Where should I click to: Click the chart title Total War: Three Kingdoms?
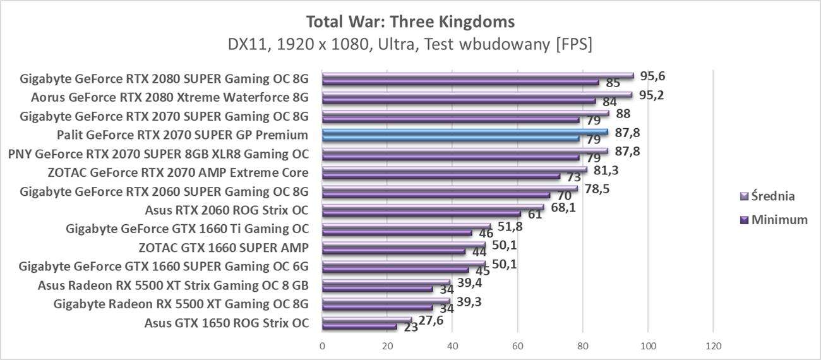coord(410,21)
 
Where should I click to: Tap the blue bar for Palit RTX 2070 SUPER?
coord(465,132)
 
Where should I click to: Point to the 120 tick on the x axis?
coord(713,346)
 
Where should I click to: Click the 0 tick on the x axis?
coord(322,346)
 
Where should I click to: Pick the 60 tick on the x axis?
coord(518,346)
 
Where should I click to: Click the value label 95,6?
coord(653,76)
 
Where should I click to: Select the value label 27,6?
coord(431,320)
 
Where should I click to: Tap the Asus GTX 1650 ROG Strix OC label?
coord(226,323)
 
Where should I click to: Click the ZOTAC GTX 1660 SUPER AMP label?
coord(224,248)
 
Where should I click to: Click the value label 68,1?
coord(563,207)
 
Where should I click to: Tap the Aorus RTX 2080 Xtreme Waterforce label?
coord(169,97)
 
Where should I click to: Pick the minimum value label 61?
coord(535,215)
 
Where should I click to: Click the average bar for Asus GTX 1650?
coord(366,320)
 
